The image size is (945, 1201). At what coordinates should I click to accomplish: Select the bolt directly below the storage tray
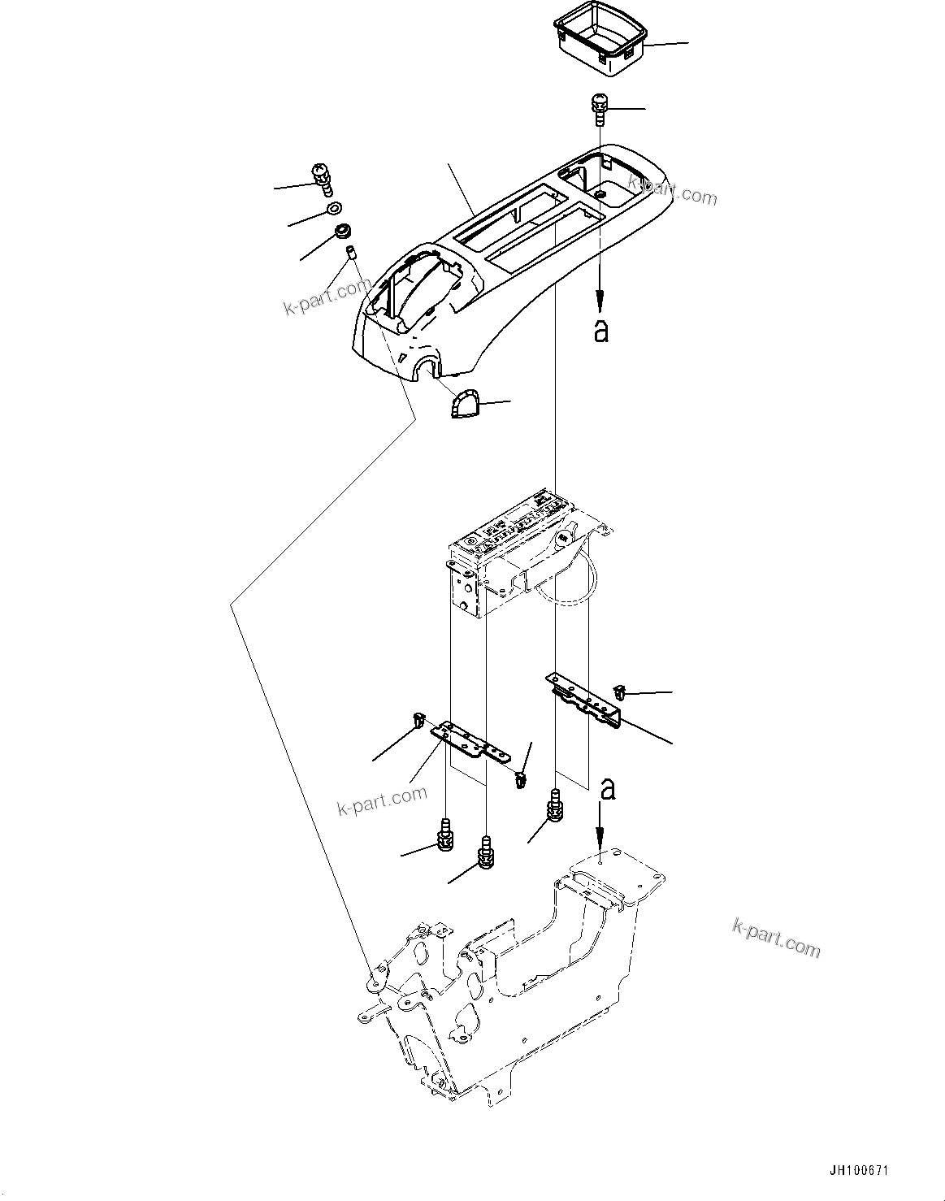point(600,108)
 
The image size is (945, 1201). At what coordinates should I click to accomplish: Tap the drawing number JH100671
point(859,1171)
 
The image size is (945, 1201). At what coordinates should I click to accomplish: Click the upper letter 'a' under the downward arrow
point(600,330)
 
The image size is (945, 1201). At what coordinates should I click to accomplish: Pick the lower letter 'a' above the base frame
point(605,788)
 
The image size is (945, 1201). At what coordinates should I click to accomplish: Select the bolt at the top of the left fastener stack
point(323,178)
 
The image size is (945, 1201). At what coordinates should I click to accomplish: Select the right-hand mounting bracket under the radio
point(585,696)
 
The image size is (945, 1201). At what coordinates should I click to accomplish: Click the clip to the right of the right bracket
point(622,693)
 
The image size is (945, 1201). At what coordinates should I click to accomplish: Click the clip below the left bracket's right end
point(519,781)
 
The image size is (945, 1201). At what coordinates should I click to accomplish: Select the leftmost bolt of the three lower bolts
point(445,836)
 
